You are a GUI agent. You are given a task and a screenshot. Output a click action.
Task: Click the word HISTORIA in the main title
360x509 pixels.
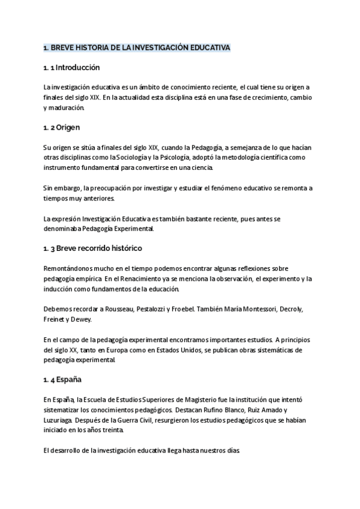pyautogui.click(x=89, y=47)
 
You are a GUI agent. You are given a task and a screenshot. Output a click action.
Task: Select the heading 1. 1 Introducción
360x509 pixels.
pyautogui.click(x=71, y=68)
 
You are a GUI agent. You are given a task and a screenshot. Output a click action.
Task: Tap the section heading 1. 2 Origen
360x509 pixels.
pyautogui.click(x=61, y=128)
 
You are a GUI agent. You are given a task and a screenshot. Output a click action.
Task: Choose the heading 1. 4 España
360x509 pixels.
pyautogui.click(x=62, y=380)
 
